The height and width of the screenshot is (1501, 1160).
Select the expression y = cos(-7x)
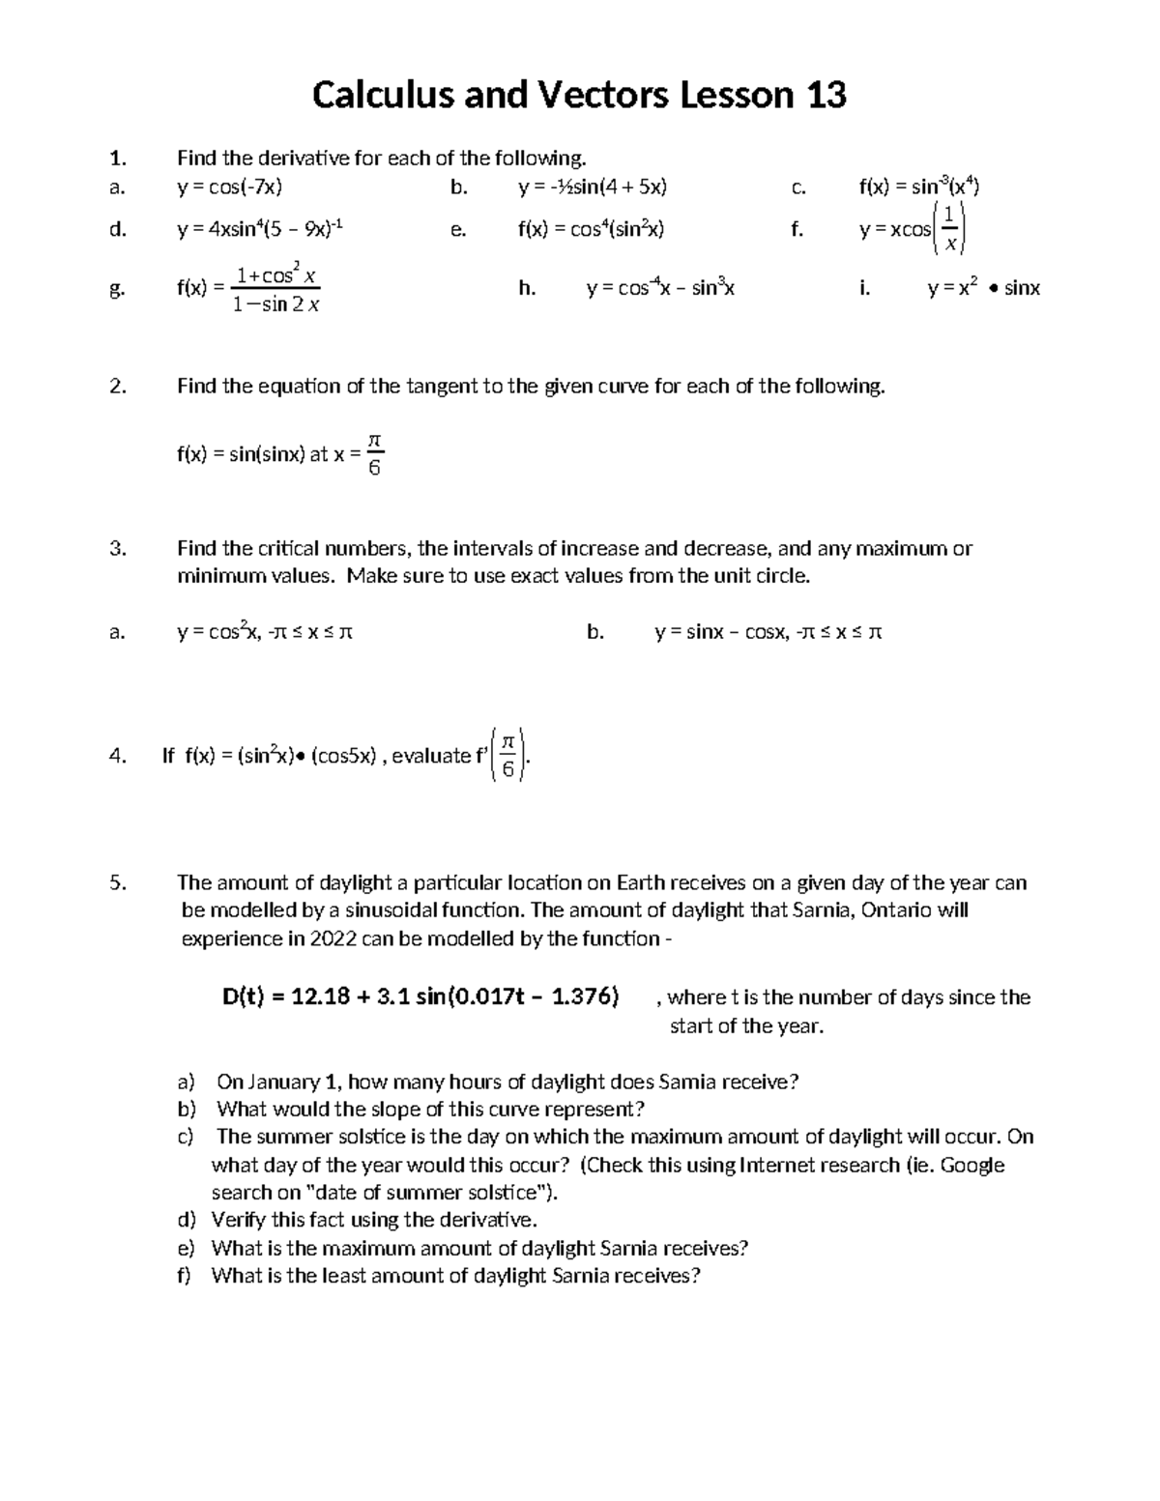click(230, 188)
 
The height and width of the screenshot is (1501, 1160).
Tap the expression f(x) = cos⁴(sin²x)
click(591, 230)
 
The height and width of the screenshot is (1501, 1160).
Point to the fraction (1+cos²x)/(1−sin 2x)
click(276, 290)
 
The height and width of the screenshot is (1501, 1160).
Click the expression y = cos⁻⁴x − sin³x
click(660, 288)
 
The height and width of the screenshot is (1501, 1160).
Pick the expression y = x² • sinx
click(983, 288)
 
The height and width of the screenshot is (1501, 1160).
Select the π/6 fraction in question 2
click(376, 455)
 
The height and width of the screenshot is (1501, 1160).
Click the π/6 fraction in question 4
click(508, 755)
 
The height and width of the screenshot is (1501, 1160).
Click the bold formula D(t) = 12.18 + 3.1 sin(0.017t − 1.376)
click(420, 996)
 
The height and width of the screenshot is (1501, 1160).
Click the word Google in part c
click(972, 1166)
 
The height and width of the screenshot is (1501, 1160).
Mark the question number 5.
click(117, 882)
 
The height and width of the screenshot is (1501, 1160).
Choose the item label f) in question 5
click(184, 1276)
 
